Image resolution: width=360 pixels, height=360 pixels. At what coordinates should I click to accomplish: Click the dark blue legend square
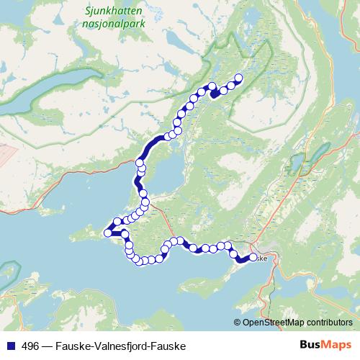(x=9, y=346)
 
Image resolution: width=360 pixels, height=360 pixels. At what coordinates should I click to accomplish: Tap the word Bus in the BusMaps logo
(x=311, y=346)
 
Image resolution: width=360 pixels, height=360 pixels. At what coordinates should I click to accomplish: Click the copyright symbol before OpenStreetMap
(x=238, y=323)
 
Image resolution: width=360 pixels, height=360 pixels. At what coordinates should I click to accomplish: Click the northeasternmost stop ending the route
(x=239, y=78)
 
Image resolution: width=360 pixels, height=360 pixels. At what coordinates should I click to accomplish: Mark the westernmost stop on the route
(x=109, y=232)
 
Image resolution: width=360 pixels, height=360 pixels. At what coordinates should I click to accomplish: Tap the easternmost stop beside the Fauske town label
(x=253, y=258)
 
